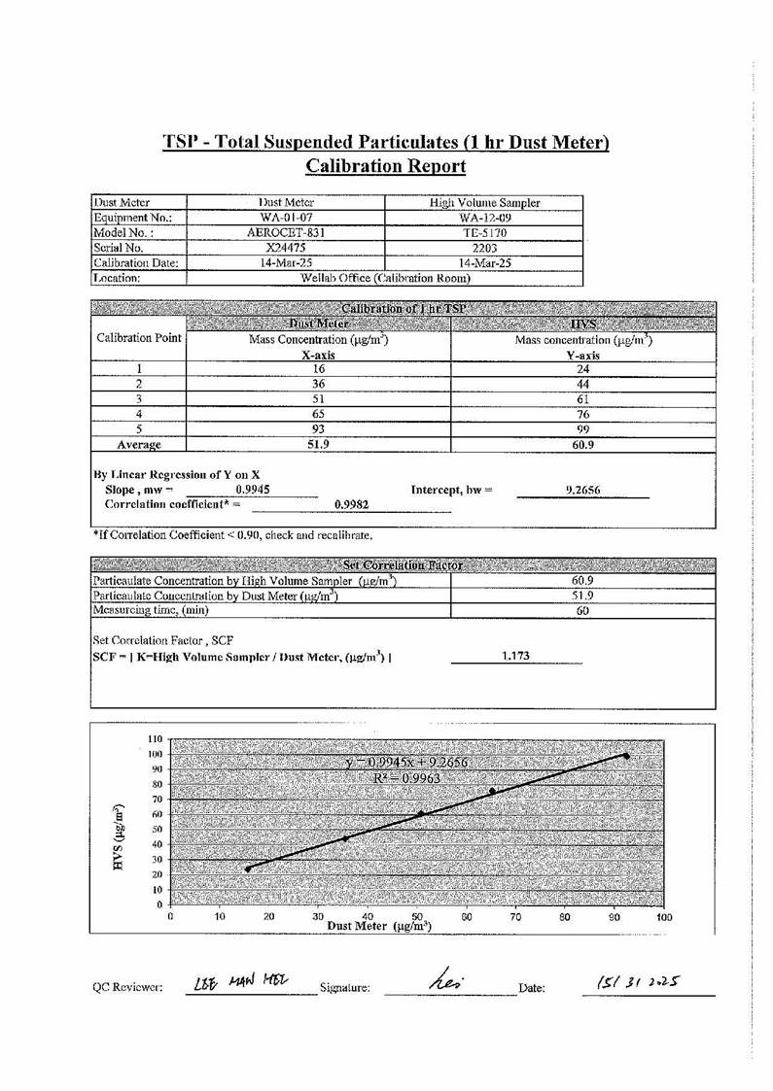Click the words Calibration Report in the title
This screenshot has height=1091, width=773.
click(x=386, y=166)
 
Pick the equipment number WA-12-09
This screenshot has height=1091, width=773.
click(x=483, y=218)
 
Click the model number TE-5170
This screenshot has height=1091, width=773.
click(x=483, y=233)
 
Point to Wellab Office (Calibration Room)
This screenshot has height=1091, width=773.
click(x=386, y=279)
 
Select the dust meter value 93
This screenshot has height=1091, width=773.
click(x=318, y=429)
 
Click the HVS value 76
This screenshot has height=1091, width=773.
click(x=583, y=414)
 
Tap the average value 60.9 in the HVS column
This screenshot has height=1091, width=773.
click(x=583, y=445)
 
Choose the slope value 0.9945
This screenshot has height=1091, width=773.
click(x=253, y=490)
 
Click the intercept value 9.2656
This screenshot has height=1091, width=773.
click(x=582, y=491)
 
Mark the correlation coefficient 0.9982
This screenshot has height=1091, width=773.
click(x=350, y=505)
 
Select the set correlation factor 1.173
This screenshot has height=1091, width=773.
click(x=515, y=657)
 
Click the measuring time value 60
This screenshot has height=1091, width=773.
click(x=583, y=611)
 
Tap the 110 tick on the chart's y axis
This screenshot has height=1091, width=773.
click(x=155, y=739)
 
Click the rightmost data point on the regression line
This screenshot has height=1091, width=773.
click(x=626, y=756)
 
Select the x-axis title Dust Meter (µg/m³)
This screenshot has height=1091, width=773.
click(x=379, y=927)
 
